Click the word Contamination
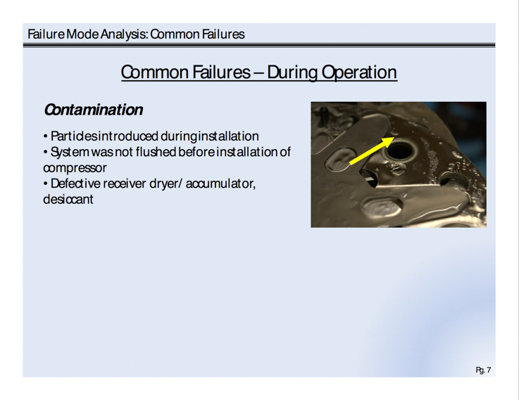click(94, 110)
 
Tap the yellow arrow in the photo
click(372, 151)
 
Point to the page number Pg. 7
click(483, 370)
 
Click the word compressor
click(75, 168)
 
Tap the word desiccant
click(68, 200)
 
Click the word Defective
click(75, 183)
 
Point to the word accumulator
click(220, 183)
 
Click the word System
click(70, 153)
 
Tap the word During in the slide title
click(292, 72)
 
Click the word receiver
click(125, 183)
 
